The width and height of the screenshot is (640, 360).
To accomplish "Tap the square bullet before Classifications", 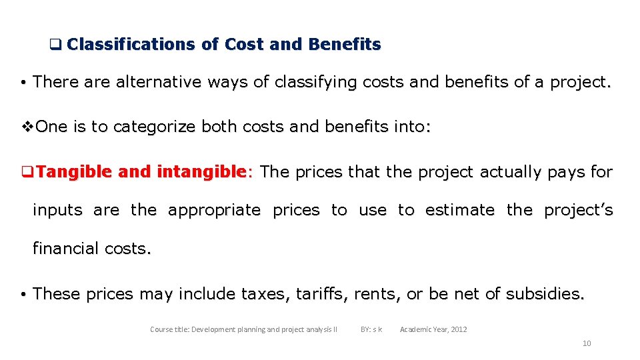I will pyautogui.click(x=55, y=45).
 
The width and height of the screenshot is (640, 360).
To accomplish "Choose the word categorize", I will pyautogui.click(x=154, y=127).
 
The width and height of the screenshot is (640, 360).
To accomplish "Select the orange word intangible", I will pyautogui.click(x=201, y=172).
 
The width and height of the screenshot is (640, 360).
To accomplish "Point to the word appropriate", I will pyautogui.click(x=214, y=210).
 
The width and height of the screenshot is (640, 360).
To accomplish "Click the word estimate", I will pyautogui.click(x=459, y=210).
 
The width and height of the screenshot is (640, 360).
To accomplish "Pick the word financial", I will pyautogui.click(x=67, y=249).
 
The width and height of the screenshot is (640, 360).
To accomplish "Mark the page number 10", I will pyautogui.click(x=587, y=343).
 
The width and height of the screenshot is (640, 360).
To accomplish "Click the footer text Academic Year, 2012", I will pyautogui.click(x=433, y=329).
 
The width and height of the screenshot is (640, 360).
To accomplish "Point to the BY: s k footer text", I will pyautogui.click(x=371, y=329).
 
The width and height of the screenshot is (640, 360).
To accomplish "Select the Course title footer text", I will pyautogui.click(x=243, y=329).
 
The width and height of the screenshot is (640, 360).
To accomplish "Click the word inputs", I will pyautogui.click(x=57, y=211).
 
